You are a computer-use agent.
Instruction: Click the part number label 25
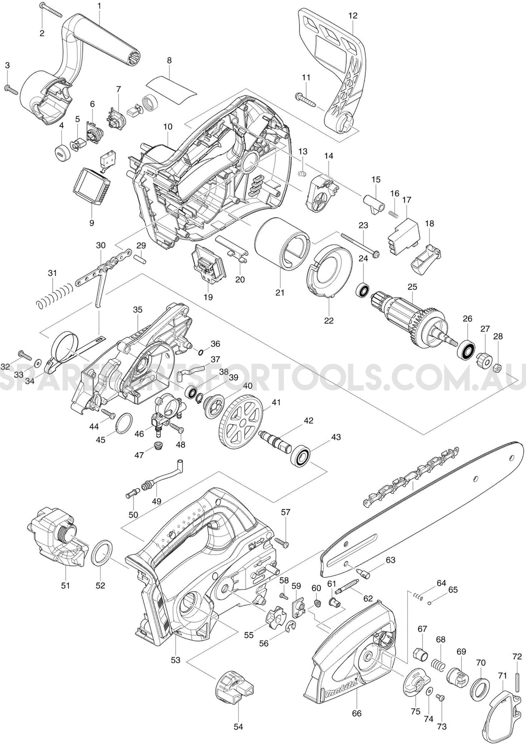tap(412, 287)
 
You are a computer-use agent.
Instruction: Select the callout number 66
tap(357, 713)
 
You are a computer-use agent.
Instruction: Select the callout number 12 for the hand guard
tap(353, 16)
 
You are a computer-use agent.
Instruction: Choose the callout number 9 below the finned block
tap(92, 223)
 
